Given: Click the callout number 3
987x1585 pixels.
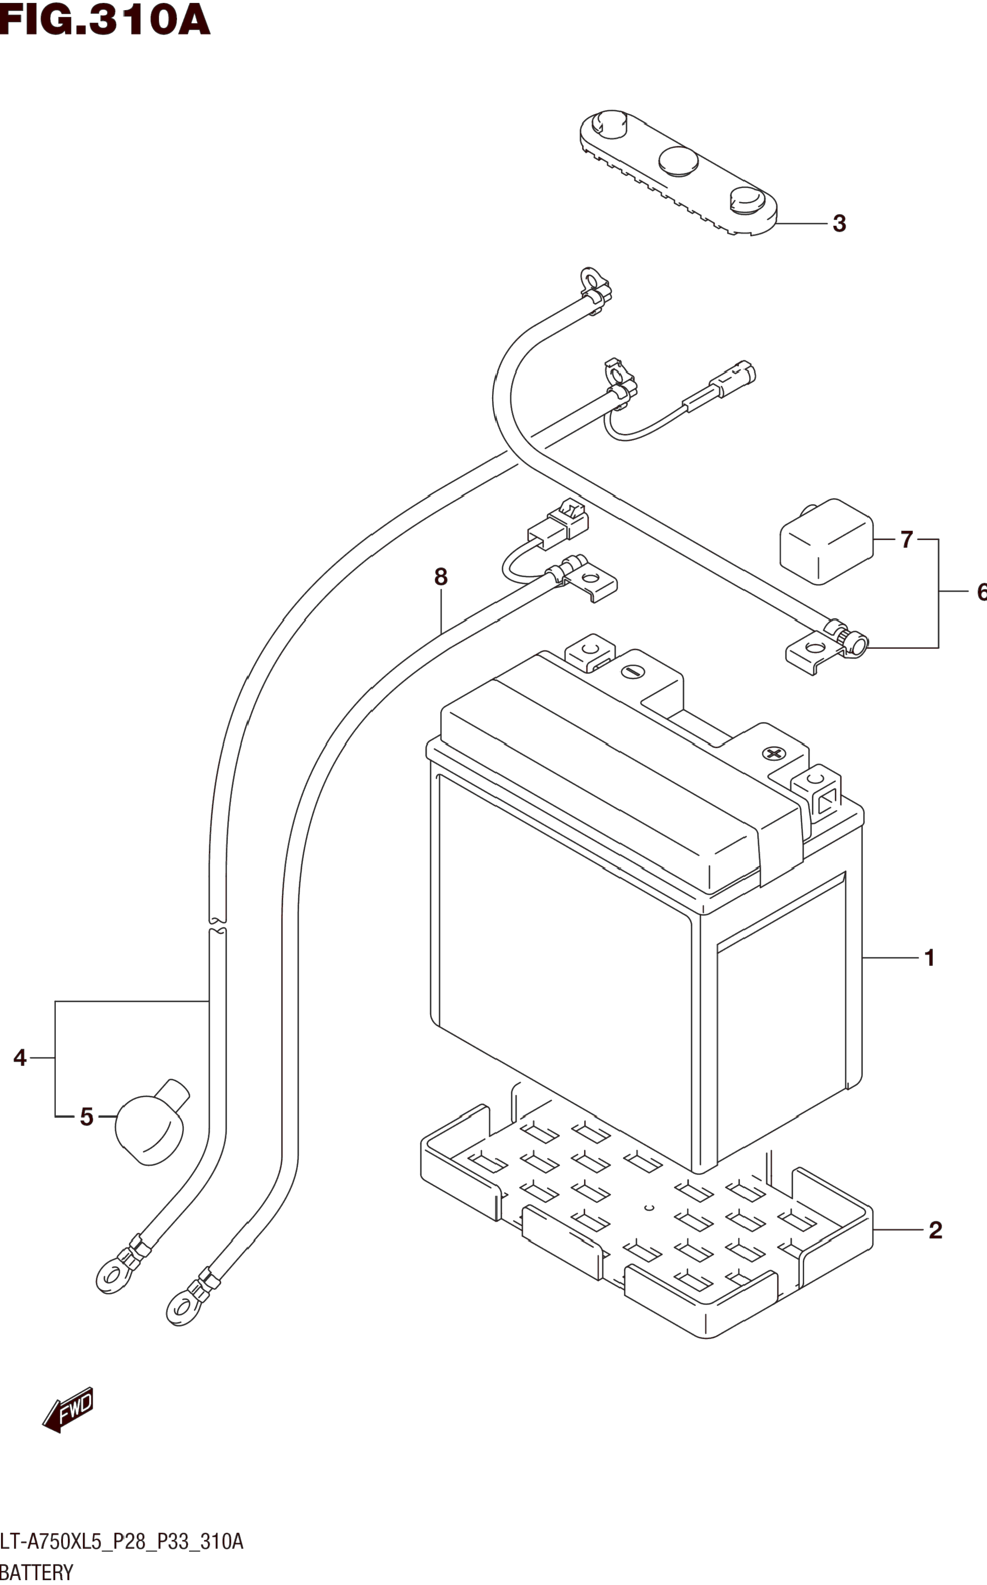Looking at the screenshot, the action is tap(839, 223).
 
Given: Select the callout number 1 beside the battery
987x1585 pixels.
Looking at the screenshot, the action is tap(930, 958).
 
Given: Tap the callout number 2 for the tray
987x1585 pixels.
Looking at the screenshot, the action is tap(936, 1230).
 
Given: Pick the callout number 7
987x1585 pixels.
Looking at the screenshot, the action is tap(906, 539).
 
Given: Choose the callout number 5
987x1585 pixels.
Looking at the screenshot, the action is tap(87, 1117).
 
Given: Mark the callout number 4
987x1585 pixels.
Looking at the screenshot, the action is tap(20, 1057).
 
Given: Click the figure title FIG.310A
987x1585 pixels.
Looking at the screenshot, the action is tap(105, 20).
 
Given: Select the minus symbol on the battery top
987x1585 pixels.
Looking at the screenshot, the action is tap(633, 671).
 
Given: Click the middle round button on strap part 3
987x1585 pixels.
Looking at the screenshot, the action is tap(678, 161).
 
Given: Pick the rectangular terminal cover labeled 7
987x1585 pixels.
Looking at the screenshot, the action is tap(826, 541).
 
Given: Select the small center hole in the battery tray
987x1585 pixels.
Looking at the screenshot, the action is tap(649, 1208).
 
